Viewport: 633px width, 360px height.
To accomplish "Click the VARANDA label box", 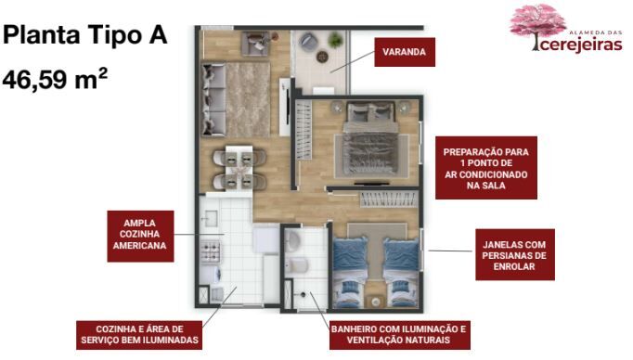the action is coord(405,52).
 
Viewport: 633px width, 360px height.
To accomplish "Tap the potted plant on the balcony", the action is coord(335,40).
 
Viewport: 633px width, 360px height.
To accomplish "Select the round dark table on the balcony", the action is coord(322,57).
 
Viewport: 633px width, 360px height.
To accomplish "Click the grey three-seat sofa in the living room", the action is coord(213,99).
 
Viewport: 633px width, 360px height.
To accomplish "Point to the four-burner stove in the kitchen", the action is coord(211,251).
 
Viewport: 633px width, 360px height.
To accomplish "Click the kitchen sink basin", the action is coord(210,219).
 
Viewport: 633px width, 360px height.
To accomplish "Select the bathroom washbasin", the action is coord(292,241).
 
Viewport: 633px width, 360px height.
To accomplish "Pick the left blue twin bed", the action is coord(350,272).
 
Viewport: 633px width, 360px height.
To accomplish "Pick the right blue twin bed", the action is coord(400,272).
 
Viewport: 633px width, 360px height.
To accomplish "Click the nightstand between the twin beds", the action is coord(376,302).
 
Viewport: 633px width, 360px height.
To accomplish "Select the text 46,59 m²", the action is coord(55,79).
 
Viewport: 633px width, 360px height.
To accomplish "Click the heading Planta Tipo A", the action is coord(84,34).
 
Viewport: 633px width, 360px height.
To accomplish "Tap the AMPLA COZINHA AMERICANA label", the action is coord(140,235).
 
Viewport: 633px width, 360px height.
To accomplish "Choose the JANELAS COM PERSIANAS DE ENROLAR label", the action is coord(515,255).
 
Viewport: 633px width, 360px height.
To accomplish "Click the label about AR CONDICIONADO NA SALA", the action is coord(486,168).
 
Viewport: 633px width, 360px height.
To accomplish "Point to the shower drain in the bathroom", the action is coord(302,295).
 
